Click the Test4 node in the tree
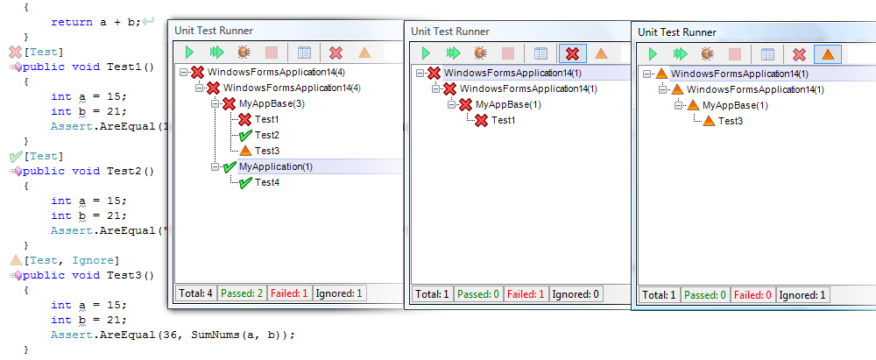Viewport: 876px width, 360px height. [267, 182]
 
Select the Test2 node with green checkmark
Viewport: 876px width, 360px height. [267, 135]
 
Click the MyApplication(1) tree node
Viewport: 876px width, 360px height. [275, 166]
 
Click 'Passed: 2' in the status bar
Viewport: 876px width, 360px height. [241, 293]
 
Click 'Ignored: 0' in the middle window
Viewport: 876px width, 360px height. [576, 294]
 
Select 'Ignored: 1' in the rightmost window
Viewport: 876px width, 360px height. [803, 295]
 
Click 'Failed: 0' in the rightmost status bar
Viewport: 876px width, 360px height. [752, 295]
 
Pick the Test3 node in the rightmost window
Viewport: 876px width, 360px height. [731, 121]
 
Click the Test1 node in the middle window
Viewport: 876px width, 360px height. [502, 120]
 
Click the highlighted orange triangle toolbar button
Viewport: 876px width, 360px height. [827, 54]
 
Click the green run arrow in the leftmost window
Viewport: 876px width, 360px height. [188, 53]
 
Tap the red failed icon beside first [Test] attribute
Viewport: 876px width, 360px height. [15, 53]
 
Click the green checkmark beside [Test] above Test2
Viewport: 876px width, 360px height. [15, 156]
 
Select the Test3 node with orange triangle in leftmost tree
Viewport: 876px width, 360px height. [267, 151]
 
